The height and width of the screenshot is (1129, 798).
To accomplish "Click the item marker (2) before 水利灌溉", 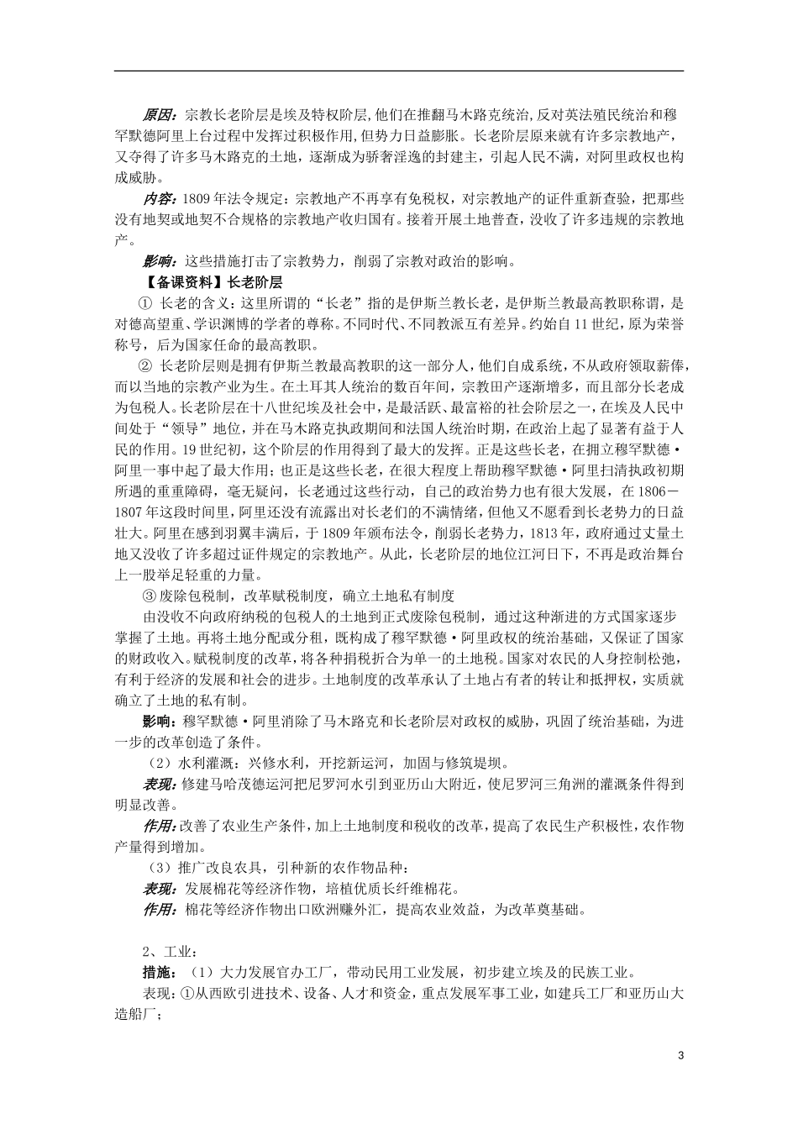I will point(158,764).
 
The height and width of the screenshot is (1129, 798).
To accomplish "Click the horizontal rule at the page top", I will point(398,71).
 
